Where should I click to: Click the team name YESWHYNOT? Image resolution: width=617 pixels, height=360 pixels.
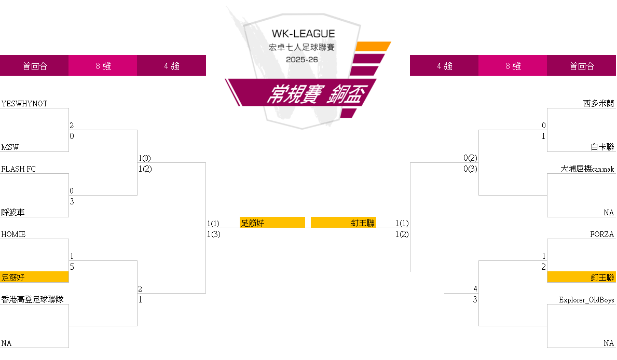click(24, 104)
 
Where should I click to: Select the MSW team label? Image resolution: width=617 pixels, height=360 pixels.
click(10, 147)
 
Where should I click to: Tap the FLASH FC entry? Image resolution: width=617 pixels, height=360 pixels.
click(19, 169)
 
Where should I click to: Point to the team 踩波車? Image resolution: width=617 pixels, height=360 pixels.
click(13, 213)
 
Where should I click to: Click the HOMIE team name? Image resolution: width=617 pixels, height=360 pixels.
click(13, 234)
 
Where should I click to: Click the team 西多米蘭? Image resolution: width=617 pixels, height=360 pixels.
click(598, 104)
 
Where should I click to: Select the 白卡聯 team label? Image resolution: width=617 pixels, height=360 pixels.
click(602, 147)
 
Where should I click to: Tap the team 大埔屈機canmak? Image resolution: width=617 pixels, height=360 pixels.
click(587, 169)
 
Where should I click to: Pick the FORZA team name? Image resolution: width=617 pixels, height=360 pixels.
click(602, 234)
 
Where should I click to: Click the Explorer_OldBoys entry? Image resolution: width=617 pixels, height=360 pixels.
click(586, 300)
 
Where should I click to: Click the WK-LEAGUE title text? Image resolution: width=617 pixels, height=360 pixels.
click(304, 34)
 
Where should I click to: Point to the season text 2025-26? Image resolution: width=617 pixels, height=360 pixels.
click(302, 60)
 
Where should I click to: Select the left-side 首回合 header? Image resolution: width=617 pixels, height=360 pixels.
click(34, 66)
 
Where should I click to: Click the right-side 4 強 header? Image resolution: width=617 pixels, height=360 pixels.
click(444, 66)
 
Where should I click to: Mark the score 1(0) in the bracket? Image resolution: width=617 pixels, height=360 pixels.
click(145, 158)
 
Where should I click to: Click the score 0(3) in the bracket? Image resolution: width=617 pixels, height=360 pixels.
click(470, 169)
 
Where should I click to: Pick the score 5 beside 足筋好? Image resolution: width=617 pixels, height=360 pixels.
click(72, 267)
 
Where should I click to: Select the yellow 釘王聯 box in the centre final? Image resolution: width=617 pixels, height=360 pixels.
click(344, 223)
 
